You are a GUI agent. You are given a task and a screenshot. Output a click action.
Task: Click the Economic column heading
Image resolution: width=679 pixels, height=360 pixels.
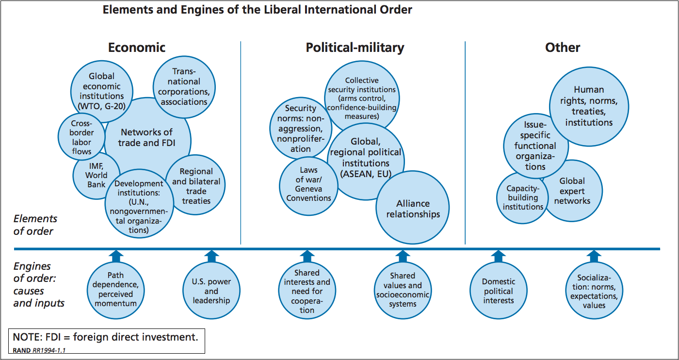tap(136, 48)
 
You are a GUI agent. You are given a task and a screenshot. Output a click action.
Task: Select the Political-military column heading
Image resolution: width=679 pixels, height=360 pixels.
tap(355, 48)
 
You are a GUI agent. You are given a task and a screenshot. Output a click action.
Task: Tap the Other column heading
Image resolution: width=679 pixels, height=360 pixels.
tap(563, 48)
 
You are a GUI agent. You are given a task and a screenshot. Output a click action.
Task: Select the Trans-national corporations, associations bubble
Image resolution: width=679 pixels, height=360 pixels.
tap(184, 87)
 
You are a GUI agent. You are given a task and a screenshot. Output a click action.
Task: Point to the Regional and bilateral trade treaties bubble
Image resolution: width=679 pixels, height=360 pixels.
tap(196, 186)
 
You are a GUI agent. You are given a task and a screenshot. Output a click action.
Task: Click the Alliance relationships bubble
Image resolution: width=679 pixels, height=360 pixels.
tap(413, 209)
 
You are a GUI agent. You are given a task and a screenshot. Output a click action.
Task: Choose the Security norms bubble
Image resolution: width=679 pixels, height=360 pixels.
tap(300, 129)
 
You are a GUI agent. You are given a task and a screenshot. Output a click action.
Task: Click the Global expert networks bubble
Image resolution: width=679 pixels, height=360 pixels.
tap(572, 191)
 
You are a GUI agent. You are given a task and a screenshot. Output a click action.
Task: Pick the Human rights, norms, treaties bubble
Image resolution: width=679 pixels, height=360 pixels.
tap(589, 106)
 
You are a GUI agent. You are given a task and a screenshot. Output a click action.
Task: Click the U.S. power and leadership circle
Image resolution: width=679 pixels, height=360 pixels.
tap(211, 291)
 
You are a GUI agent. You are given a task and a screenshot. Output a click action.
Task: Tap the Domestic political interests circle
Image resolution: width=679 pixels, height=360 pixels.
tap(498, 291)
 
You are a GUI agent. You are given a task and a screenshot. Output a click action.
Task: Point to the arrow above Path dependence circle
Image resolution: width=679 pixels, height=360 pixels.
tap(115, 256)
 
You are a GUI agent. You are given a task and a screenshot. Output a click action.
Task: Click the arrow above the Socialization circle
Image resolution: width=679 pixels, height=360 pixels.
tap(594, 256)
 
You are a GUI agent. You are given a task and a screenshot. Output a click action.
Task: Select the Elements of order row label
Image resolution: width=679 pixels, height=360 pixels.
tap(35, 225)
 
